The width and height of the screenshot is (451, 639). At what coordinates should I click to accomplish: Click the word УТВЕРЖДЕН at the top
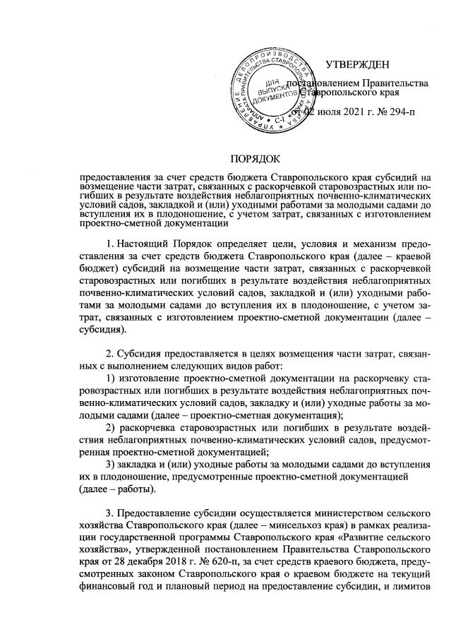coord(357,66)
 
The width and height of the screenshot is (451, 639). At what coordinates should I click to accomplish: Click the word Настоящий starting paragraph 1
coord(141,245)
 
